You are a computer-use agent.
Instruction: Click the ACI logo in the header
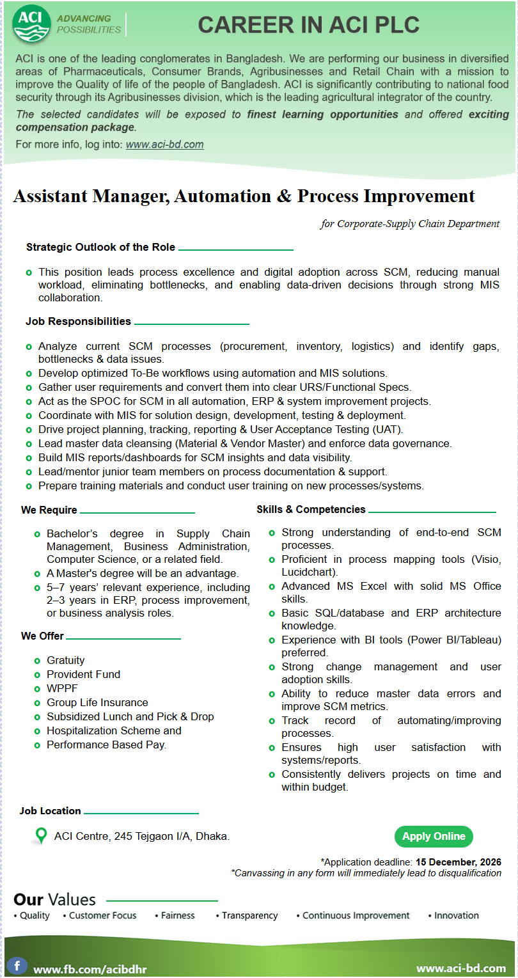pyautogui.click(x=31, y=24)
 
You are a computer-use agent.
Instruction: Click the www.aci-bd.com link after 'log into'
pyautogui.click(x=164, y=145)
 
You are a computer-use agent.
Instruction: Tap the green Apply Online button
pyautogui.click(x=434, y=837)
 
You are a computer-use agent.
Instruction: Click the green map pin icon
pyautogui.click(x=41, y=836)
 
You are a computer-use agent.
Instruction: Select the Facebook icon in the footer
pyautogui.click(x=17, y=965)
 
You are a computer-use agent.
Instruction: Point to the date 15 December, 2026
pyautogui.click(x=458, y=862)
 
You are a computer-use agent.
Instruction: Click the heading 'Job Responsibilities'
pyautogui.click(x=78, y=321)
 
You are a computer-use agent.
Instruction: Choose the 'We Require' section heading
pyautogui.click(x=49, y=510)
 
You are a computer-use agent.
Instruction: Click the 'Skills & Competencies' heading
pyautogui.click(x=311, y=509)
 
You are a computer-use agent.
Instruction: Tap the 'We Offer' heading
pyautogui.click(x=42, y=636)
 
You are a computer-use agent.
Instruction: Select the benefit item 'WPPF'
pyautogui.click(x=61, y=688)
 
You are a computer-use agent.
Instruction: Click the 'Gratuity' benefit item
pyautogui.click(x=65, y=660)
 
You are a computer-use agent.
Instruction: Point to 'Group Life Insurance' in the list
pyautogui.click(x=97, y=702)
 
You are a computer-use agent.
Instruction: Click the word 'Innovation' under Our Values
pyautogui.click(x=456, y=915)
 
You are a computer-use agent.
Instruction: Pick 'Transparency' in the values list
pyautogui.click(x=249, y=915)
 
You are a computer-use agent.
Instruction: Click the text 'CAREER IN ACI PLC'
pyautogui.click(x=308, y=25)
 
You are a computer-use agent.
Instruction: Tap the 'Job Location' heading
pyautogui.click(x=50, y=810)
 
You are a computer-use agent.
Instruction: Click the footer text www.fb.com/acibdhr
pyautogui.click(x=90, y=968)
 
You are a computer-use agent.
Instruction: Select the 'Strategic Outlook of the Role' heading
pyautogui.click(x=100, y=247)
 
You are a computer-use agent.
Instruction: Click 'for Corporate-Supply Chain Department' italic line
pyautogui.click(x=410, y=223)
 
